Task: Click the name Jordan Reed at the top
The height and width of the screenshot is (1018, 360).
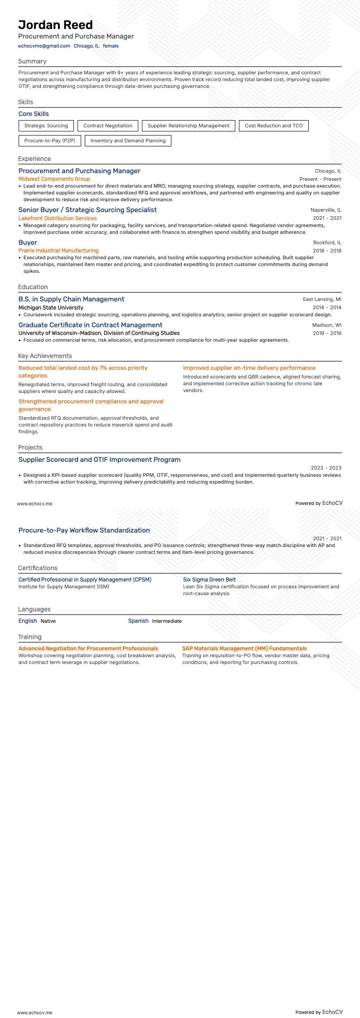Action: (x=55, y=25)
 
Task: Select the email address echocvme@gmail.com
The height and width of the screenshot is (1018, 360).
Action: (x=44, y=46)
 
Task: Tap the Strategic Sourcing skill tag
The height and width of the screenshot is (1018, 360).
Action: (x=46, y=126)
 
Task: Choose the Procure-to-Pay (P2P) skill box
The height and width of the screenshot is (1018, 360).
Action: (x=49, y=141)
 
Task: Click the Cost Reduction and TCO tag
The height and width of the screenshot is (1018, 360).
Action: (x=273, y=126)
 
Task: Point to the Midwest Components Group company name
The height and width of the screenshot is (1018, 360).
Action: (x=54, y=179)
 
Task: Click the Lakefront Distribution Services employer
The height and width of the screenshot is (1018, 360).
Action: (x=58, y=218)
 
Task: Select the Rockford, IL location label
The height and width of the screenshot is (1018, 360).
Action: (x=327, y=242)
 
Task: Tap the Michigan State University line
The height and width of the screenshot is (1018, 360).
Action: (x=51, y=308)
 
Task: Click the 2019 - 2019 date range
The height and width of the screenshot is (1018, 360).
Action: (x=327, y=333)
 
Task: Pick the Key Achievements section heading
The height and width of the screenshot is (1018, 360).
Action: (x=45, y=356)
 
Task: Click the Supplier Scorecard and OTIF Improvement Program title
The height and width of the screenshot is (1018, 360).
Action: (x=99, y=460)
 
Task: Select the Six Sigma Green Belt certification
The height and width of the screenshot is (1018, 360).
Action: (x=209, y=580)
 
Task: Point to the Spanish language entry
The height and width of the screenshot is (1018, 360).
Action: (x=138, y=621)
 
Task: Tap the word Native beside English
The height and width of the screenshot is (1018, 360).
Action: (x=48, y=621)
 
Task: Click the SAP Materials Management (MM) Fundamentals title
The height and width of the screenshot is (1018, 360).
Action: (x=244, y=649)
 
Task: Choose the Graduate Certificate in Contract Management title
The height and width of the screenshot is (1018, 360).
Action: (x=90, y=325)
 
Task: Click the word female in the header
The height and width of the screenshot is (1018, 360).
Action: (x=111, y=46)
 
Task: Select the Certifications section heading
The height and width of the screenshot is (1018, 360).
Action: (x=38, y=568)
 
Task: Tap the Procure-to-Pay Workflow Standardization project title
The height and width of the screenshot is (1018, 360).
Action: (x=84, y=530)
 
